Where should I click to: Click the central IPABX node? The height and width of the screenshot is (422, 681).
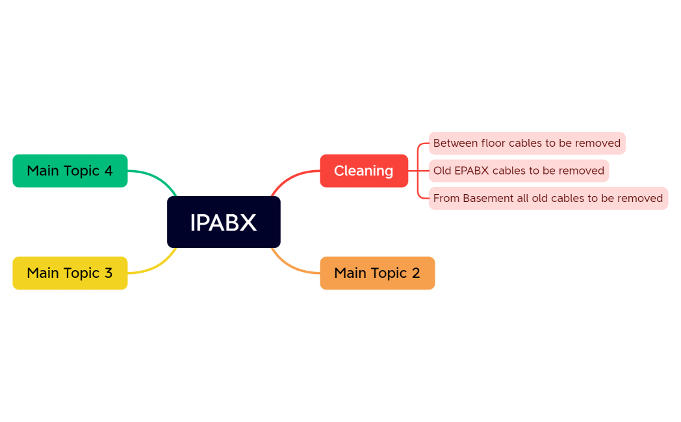224,222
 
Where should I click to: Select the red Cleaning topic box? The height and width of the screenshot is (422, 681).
364,171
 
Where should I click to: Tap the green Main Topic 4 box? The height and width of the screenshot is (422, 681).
70,171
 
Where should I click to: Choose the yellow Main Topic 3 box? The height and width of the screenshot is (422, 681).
70,273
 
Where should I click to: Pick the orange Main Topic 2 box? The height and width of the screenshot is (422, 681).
377,273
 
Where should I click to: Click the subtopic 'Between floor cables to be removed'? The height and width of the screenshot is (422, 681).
526,143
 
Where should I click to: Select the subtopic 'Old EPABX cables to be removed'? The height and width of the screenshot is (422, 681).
519,171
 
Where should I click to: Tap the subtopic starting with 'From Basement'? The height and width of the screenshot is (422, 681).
548,198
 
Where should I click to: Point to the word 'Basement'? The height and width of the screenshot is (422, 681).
488,198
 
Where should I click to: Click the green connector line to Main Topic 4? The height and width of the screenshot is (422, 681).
156,175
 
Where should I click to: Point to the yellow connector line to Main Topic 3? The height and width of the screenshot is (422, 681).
156,267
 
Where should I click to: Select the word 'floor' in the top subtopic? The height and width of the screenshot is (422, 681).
493,143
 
